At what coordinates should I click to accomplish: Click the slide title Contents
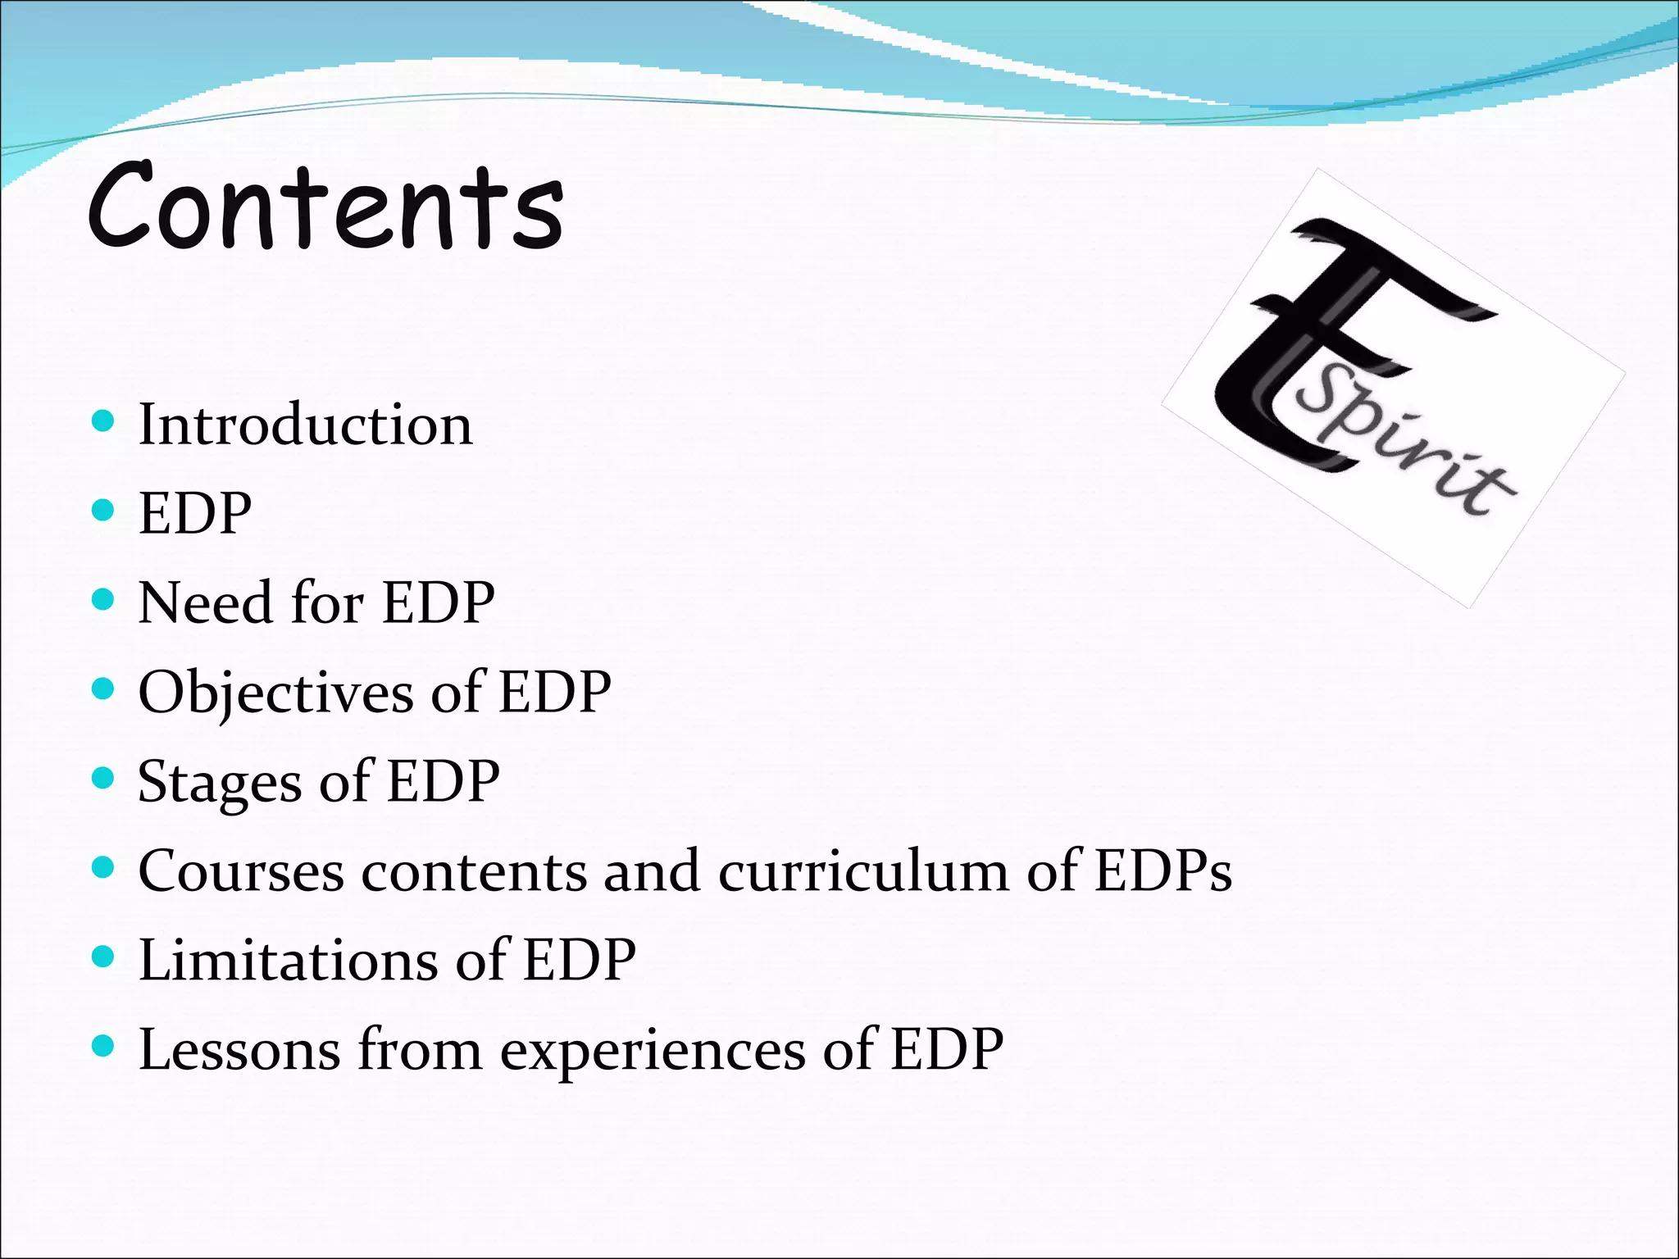point(325,207)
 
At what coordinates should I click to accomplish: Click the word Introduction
point(305,425)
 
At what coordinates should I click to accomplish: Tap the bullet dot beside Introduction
point(102,422)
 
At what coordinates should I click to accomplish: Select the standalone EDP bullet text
point(195,514)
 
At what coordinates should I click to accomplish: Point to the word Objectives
point(275,693)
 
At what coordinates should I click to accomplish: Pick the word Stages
point(220,782)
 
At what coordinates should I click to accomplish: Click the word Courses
point(240,871)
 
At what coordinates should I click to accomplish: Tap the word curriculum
point(863,871)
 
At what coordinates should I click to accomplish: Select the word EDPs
point(1163,871)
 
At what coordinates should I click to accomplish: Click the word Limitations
point(288,960)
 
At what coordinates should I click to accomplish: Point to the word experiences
point(653,1051)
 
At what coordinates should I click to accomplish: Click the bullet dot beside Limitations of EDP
point(102,957)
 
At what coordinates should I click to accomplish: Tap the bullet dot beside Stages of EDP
point(102,778)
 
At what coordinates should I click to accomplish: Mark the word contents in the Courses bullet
point(473,871)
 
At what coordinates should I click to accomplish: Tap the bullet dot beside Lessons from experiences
point(102,1046)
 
